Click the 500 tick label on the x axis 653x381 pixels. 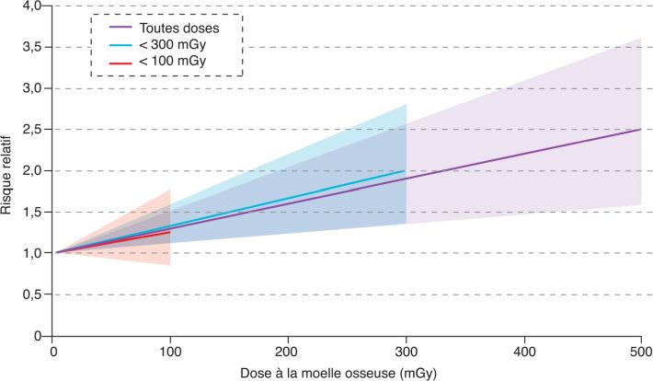(x=640, y=352)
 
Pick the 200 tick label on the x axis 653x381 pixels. (x=289, y=352)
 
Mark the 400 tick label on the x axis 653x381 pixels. (x=522, y=352)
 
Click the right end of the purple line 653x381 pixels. (x=640, y=130)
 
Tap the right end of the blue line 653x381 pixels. (x=405, y=170)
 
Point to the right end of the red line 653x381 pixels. (x=170, y=232)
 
